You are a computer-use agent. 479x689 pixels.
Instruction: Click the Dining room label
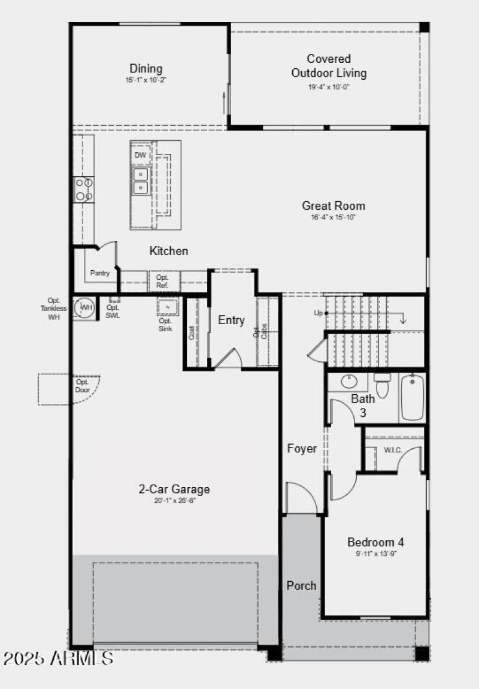pos(146,69)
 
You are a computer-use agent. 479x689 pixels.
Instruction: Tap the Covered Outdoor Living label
pos(329,66)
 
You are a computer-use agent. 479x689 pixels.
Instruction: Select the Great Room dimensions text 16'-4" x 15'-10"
pos(333,217)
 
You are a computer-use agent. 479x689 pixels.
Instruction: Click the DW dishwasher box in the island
pos(140,156)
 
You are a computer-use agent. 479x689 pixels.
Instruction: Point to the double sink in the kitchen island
pos(140,181)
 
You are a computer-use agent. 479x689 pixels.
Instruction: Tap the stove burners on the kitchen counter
pos(83,189)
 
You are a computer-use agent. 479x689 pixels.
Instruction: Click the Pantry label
pos(100,273)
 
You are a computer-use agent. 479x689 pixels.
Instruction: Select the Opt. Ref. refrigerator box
pos(163,282)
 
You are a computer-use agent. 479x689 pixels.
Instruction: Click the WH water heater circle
pos(86,308)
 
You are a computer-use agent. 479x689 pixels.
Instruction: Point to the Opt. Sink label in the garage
pos(166,325)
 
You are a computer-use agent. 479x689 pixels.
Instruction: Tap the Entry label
pos(231,321)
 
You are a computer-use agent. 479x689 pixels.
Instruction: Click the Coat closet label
pos(192,333)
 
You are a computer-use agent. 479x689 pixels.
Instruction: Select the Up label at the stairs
pos(319,313)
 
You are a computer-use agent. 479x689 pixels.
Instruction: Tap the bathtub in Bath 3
pos(413,397)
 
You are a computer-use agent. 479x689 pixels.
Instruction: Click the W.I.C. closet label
pos(393,450)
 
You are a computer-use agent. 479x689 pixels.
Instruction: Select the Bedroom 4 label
pos(375,542)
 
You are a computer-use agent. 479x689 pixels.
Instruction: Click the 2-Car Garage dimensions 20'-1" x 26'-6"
pos(174,500)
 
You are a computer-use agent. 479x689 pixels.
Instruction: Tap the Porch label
pos(301,585)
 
